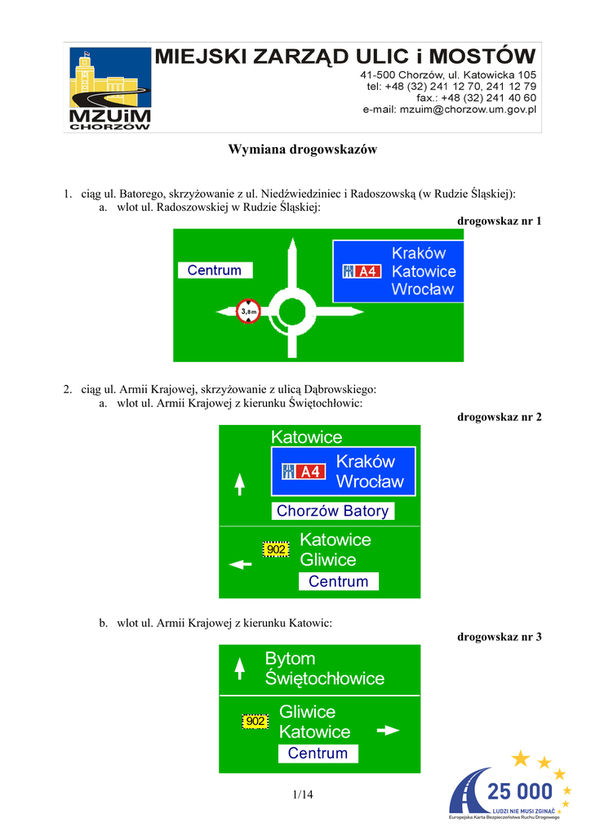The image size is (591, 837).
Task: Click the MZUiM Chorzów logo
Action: (109, 88)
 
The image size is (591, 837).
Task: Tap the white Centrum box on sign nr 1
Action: (215, 270)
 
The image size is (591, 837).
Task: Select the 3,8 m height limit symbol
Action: (248, 311)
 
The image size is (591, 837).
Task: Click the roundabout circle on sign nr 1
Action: (291, 311)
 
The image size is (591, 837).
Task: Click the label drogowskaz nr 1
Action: (500, 221)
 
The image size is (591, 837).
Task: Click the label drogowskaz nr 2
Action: (500, 417)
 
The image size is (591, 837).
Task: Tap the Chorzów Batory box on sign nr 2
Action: (332, 511)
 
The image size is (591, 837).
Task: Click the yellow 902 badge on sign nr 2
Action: (276, 549)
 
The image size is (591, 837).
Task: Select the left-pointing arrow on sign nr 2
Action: (240, 563)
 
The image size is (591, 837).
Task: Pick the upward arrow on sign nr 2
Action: (239, 484)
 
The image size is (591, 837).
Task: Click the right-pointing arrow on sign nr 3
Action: (387, 730)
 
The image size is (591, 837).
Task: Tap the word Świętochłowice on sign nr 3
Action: (324, 678)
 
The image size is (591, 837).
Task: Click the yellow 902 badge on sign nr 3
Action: (255, 722)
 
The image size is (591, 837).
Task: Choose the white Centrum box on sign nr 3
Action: (318, 754)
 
